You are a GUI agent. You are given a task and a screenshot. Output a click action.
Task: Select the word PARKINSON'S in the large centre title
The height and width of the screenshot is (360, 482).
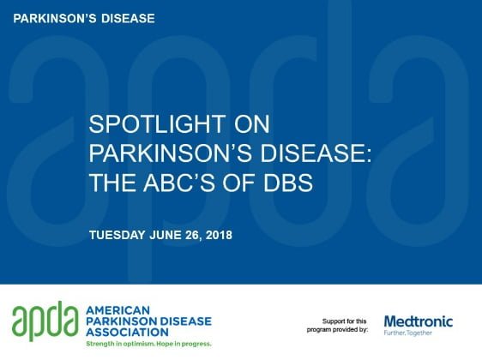point(172,153)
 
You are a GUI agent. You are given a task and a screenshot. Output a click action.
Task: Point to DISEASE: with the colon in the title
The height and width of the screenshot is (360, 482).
point(316,153)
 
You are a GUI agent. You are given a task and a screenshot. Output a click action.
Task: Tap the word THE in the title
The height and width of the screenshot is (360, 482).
point(113,183)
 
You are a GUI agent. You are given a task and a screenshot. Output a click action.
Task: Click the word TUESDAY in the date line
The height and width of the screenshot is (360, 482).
point(117,235)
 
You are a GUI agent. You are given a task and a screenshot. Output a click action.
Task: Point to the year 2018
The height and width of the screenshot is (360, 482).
point(219,235)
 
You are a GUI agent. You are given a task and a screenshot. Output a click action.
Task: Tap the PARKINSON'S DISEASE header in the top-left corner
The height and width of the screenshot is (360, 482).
point(84,19)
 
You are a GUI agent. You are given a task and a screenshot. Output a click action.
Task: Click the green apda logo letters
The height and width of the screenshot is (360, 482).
point(45,321)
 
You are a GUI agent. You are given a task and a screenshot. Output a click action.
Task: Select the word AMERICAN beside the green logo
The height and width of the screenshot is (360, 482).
point(117,310)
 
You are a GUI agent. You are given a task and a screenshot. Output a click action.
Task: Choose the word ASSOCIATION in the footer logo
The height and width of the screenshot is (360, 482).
point(127,332)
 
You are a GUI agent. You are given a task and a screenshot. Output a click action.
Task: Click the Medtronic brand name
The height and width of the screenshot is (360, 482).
point(419,321)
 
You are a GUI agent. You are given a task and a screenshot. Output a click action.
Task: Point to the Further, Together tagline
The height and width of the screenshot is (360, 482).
point(408,333)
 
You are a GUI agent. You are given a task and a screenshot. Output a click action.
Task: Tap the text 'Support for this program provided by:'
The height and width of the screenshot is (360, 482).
point(337,326)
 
